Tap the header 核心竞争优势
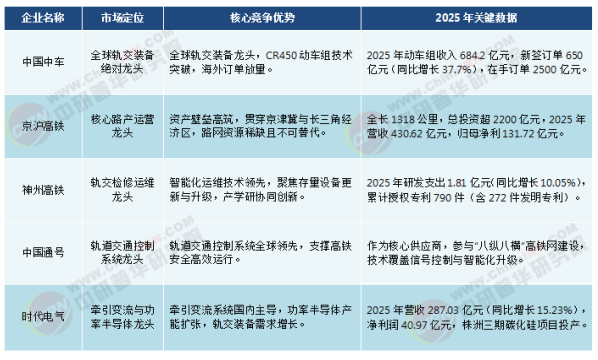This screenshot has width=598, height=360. pos(263,18)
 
